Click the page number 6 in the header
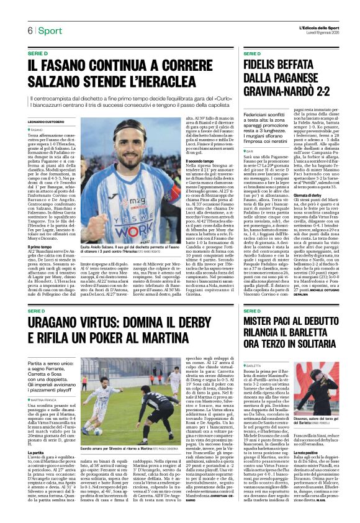click(29, 30)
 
